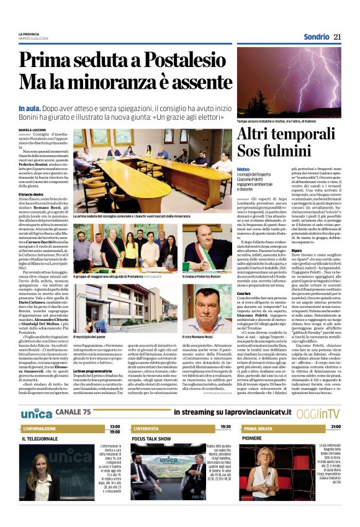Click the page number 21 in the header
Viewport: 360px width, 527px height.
(x=337, y=37)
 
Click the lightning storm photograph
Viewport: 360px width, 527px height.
(x=289, y=82)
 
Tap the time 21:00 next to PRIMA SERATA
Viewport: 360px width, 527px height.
(x=335, y=410)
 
